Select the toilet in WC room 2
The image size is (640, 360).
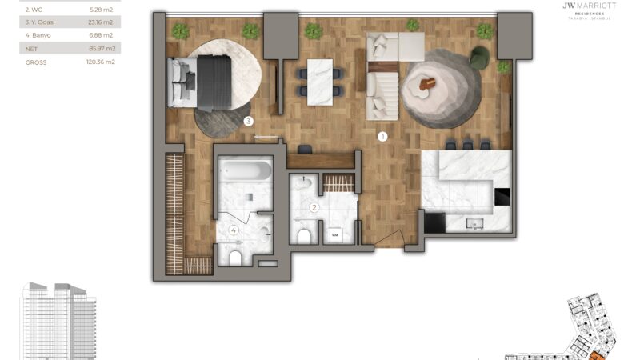pos(304,235)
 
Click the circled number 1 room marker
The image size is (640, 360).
pos(382,136)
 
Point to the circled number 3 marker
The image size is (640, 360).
pos(249,122)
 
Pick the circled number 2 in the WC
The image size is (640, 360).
pos(314,208)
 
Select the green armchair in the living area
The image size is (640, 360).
pos(479,58)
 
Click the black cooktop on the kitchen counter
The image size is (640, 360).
pos(502,197)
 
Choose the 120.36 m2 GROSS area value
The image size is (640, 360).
pos(101,62)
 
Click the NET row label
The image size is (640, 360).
pos(32,48)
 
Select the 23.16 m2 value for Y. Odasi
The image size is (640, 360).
pos(102,22)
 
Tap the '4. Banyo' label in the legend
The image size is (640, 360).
pos(39,35)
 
